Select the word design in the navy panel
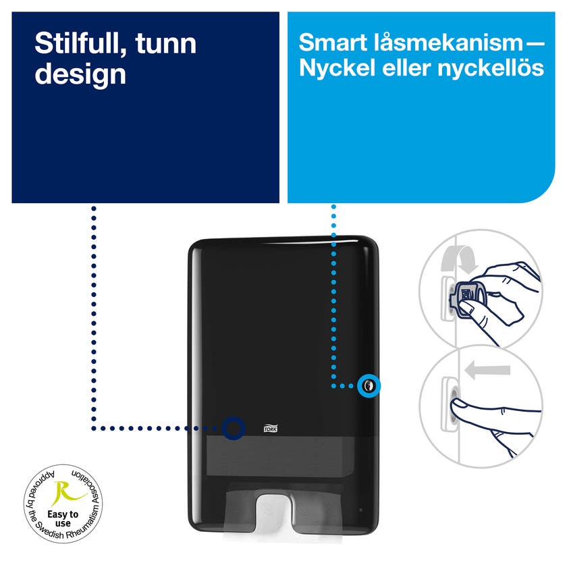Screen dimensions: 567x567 (x=80, y=75)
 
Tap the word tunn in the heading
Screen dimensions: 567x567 (x=166, y=44)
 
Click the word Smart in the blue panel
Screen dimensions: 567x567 (x=333, y=43)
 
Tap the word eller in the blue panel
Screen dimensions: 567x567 (x=406, y=67)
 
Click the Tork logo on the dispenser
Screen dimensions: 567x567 (x=271, y=428)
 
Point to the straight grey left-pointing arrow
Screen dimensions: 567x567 (x=487, y=371)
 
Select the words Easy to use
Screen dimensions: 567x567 (x=63, y=518)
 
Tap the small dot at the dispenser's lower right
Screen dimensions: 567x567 (x=360, y=510)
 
